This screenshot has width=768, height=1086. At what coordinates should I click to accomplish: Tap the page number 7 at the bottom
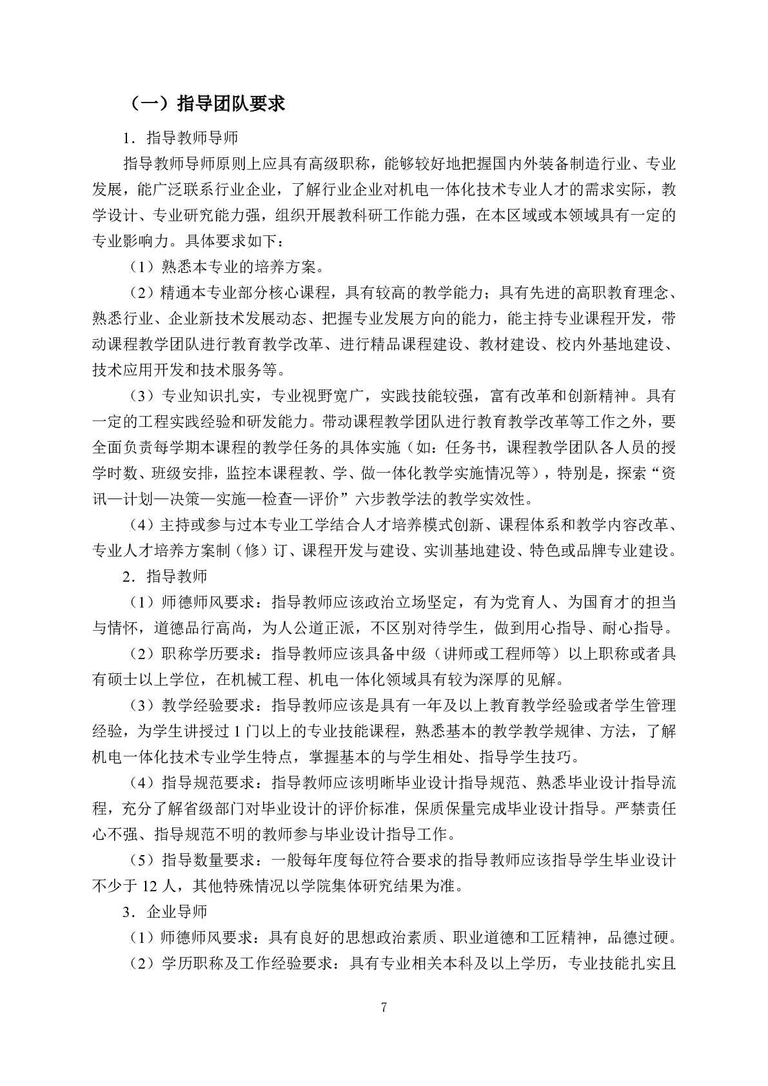[x=384, y=1007]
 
